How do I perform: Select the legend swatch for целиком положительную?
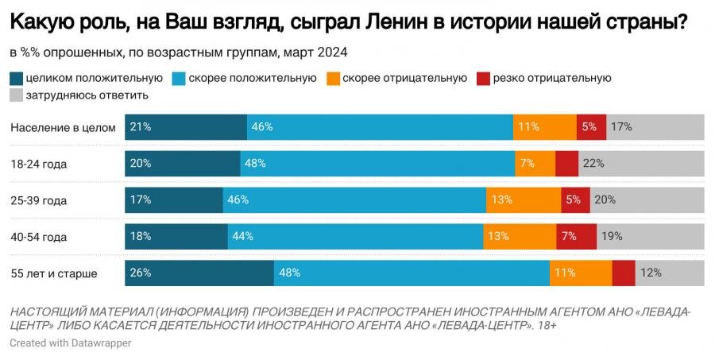click(16, 78)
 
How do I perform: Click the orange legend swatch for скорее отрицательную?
click(331, 78)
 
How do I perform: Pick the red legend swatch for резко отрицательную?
click(483, 78)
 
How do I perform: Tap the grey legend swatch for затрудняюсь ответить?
click(16, 95)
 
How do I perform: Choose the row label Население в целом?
click(64, 127)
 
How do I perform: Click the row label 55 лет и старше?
click(54, 273)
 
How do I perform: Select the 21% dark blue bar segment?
click(186, 127)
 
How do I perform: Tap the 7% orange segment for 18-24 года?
click(535, 164)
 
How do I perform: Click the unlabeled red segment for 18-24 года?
click(566, 164)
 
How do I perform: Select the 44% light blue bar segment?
click(355, 237)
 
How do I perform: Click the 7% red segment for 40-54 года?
click(576, 237)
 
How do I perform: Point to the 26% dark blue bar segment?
click(199, 273)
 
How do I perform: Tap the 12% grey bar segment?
click(669, 273)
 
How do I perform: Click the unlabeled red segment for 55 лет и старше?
click(624, 273)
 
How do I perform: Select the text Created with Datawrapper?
click(71, 343)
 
